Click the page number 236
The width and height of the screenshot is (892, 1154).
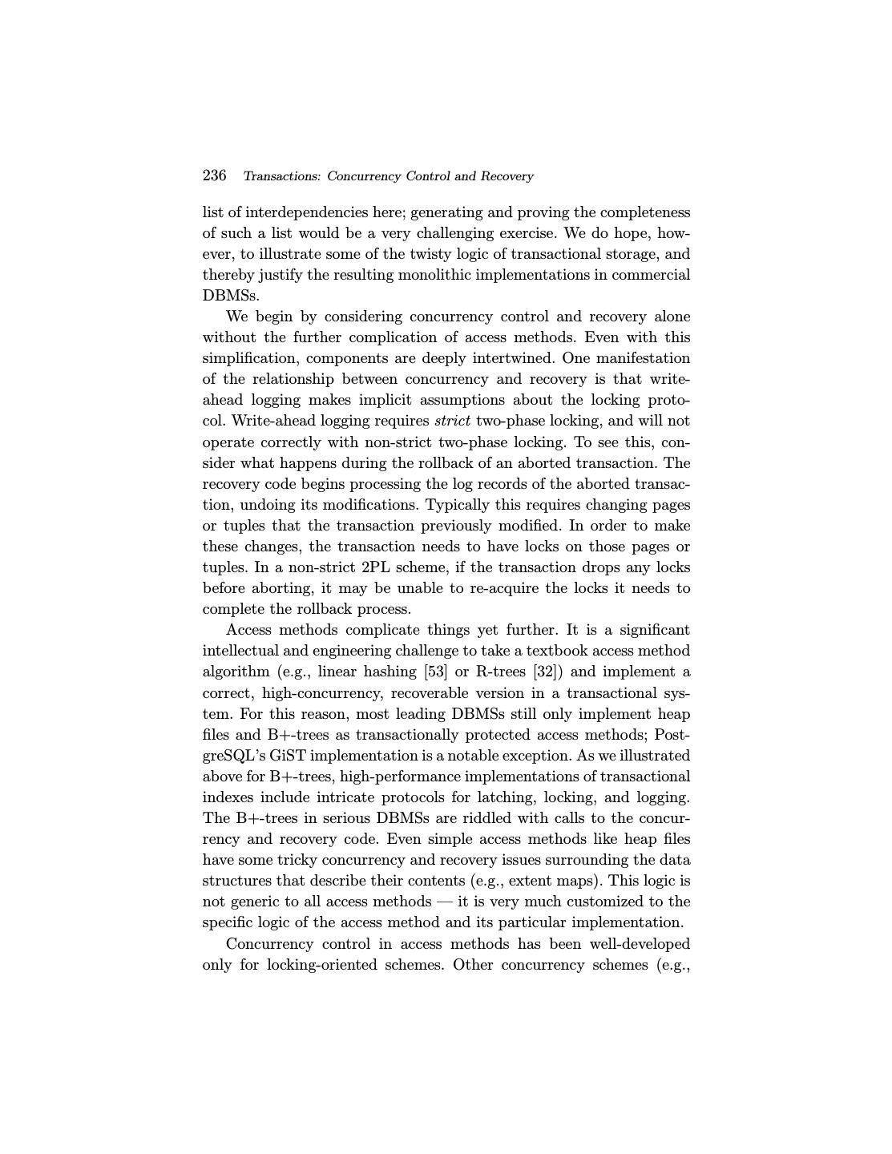point(214,176)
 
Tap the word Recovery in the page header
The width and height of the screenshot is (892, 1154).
point(507,176)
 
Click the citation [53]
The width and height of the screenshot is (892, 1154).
point(435,672)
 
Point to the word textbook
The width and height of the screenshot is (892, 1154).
point(558,651)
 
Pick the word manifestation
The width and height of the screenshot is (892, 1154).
point(642,358)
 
